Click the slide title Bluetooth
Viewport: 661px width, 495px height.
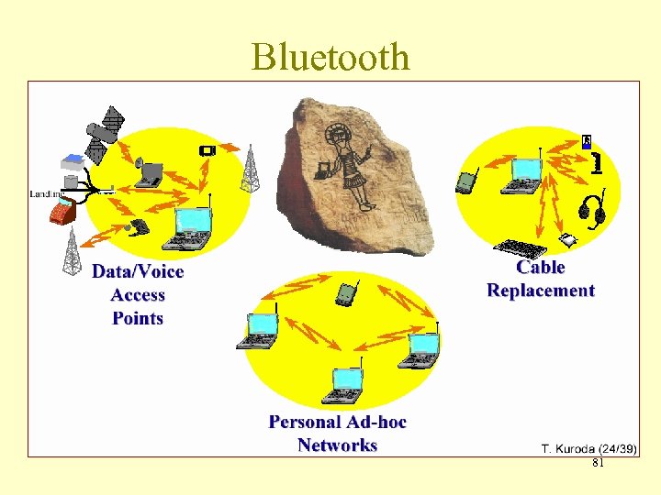[330, 57]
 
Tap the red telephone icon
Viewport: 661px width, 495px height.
[62, 213]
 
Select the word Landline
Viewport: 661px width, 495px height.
[46, 194]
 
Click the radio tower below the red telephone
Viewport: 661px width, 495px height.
[72, 251]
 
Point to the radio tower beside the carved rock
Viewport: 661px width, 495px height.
[249, 169]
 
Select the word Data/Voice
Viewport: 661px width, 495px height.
[138, 272]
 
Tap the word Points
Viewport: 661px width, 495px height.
[138, 319]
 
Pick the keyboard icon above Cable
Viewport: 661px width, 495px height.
[520, 247]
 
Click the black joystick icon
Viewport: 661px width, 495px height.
[598, 162]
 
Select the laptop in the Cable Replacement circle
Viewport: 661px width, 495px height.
[524, 176]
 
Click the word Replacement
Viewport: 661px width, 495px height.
[541, 291]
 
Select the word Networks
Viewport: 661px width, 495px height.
[337, 445]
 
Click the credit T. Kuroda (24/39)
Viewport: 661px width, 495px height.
[589, 448]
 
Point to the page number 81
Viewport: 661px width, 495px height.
[598, 465]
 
